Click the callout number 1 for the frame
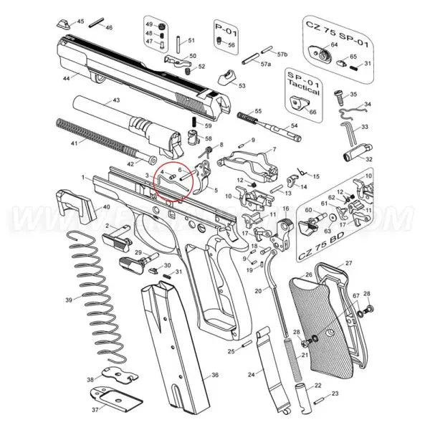click(x=84, y=177)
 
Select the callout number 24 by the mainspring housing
click(x=251, y=375)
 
